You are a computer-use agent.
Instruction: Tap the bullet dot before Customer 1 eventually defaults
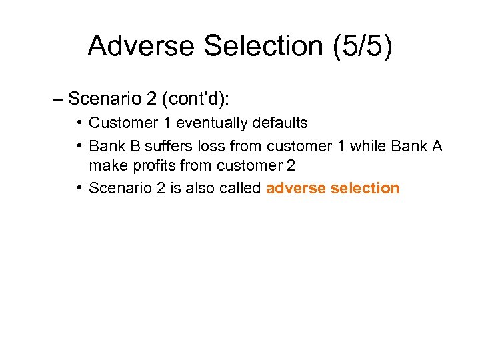click(79, 123)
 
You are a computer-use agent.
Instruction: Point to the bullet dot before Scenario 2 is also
click(79, 188)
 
